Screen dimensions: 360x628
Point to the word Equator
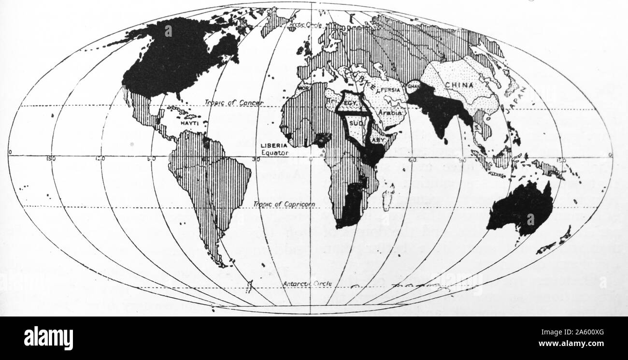point(275,152)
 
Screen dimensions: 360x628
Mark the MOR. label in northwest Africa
point(303,89)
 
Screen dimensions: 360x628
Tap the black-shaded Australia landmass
point(522,208)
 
